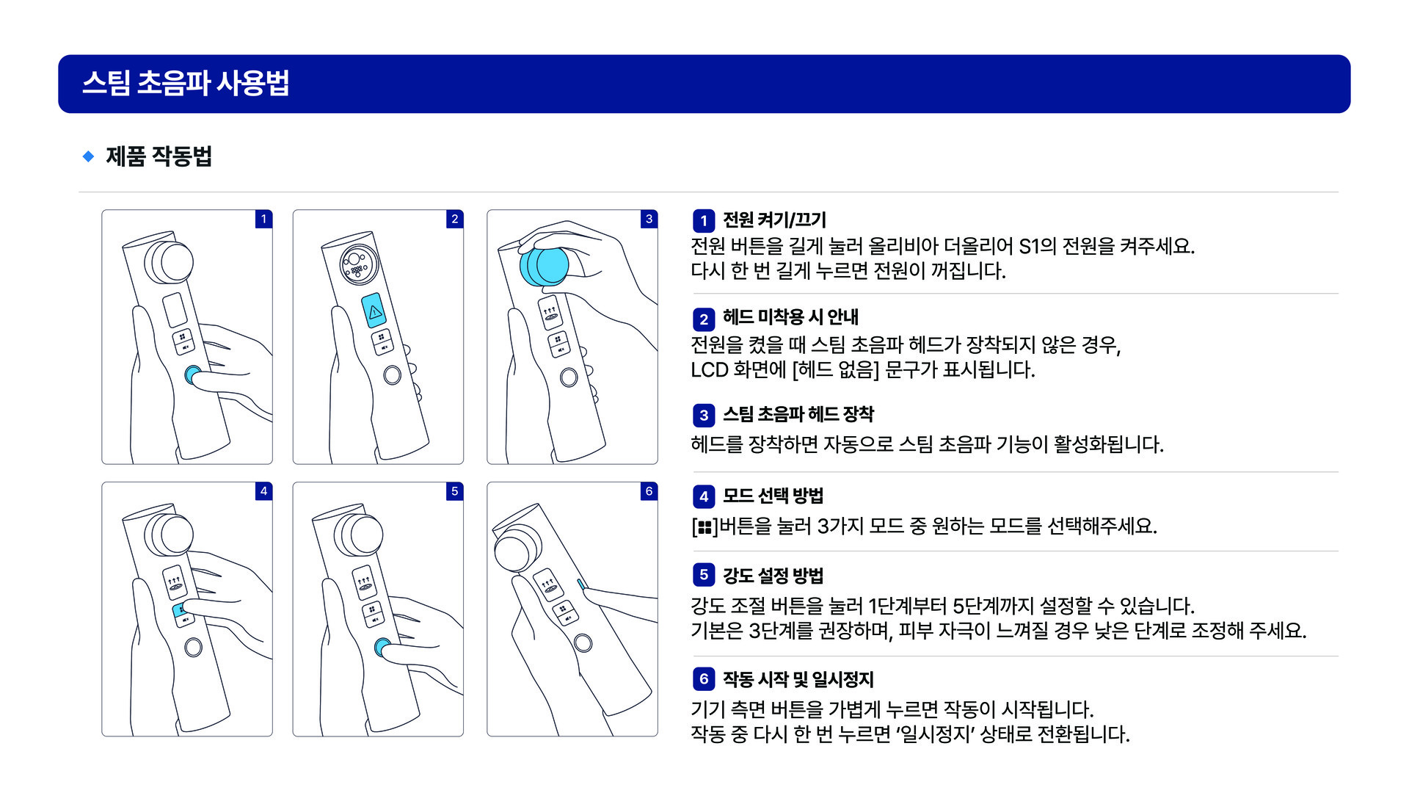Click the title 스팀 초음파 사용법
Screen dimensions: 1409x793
pyautogui.click(x=186, y=83)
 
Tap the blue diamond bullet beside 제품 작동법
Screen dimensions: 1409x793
pyautogui.click(x=88, y=156)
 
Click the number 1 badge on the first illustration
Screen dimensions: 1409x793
pyautogui.click(x=263, y=219)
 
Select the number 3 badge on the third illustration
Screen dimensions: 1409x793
pyautogui.click(x=649, y=219)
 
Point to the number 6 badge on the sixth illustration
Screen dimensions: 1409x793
pyautogui.click(x=649, y=491)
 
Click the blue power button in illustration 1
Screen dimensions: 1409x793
pyautogui.click(x=192, y=375)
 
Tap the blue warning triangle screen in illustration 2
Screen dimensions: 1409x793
pyautogui.click(x=374, y=311)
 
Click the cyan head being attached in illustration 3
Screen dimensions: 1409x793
pyautogui.click(x=544, y=266)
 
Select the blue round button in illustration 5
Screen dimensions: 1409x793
pyautogui.click(x=382, y=647)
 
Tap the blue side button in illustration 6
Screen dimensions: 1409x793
pyautogui.click(x=581, y=584)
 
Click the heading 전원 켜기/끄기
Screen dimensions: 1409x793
pyautogui.click(x=774, y=220)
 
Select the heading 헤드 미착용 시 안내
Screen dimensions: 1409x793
pyautogui.click(x=790, y=317)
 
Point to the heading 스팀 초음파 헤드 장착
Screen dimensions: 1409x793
pyautogui.click(x=798, y=415)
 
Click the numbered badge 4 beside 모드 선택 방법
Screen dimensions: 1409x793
pyautogui.click(x=704, y=497)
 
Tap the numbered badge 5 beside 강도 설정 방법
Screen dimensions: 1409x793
pyautogui.click(x=704, y=575)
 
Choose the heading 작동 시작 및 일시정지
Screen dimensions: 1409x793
pyautogui.click(x=798, y=680)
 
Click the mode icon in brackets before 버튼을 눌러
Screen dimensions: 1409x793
pyautogui.click(x=704, y=527)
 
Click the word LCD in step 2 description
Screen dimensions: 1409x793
pyautogui.click(x=709, y=369)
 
